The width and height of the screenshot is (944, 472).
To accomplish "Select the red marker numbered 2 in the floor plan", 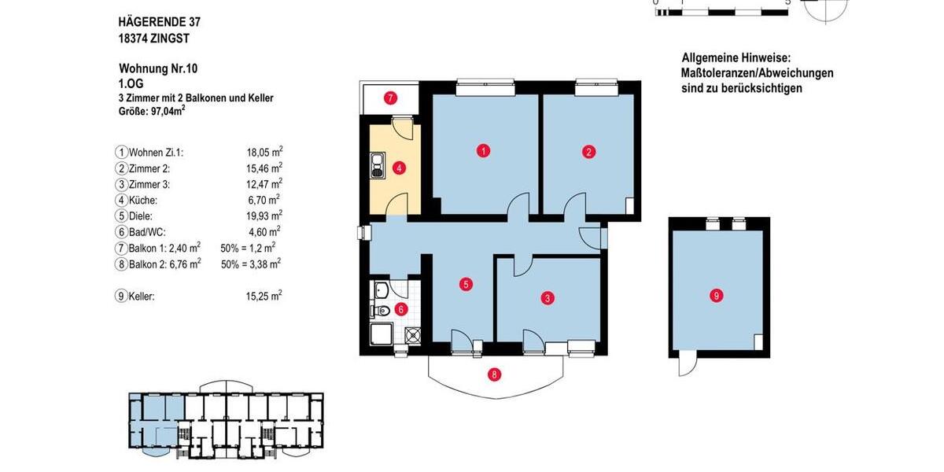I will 588,152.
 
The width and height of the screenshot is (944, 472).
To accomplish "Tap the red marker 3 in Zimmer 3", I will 548,298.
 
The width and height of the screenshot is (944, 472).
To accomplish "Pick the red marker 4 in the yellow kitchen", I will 400,168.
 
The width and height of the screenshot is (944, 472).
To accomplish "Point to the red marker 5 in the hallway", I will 466,284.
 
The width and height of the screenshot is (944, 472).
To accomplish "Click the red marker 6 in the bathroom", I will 400,309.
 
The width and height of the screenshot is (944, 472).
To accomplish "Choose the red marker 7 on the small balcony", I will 389,98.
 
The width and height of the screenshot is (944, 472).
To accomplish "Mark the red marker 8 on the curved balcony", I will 494,374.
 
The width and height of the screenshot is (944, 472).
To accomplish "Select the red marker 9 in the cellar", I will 716,296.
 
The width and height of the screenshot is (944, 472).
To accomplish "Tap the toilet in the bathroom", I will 382,312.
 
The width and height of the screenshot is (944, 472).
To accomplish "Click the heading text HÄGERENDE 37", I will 153,22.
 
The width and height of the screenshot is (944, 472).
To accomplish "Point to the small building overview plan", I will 227,422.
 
